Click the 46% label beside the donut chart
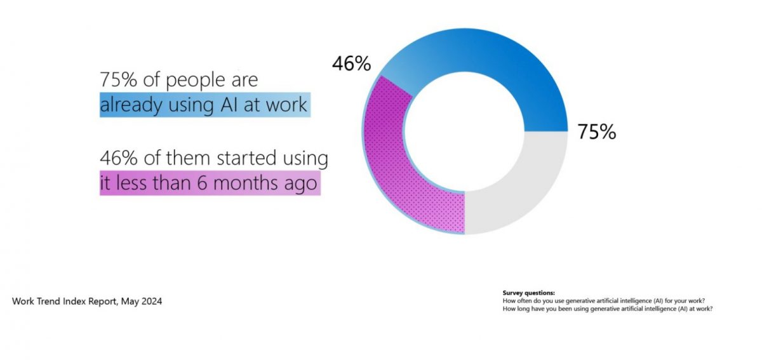pyautogui.click(x=351, y=63)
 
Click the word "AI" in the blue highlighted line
pyautogui.click(x=231, y=105)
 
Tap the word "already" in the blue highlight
pyautogui.click(x=131, y=105)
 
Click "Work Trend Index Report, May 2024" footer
pyautogui.click(x=87, y=302)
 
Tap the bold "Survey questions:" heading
pyautogui.click(x=528, y=293)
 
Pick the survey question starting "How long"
pyautogui.click(x=607, y=309)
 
